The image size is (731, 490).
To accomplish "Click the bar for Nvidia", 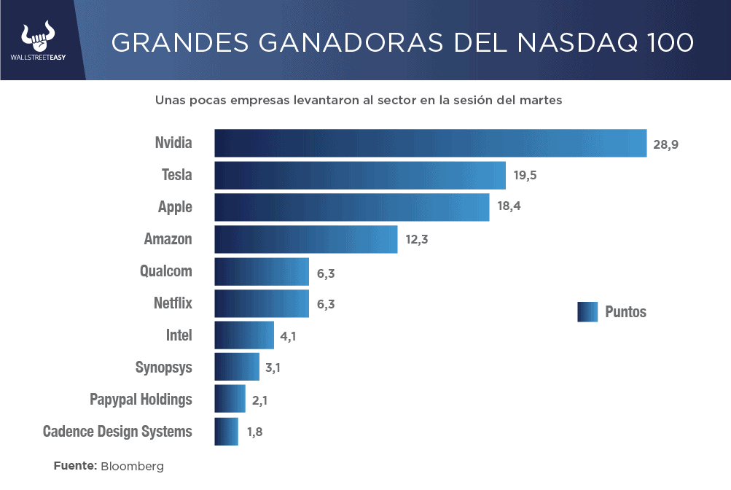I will (x=430, y=143).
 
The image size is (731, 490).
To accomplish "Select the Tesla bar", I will (x=359, y=175).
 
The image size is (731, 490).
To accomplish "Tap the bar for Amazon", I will (x=305, y=239).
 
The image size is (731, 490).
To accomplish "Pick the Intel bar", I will (x=244, y=335).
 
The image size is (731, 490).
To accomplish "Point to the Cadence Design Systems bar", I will (x=226, y=431).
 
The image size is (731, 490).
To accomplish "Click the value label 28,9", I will (x=665, y=144).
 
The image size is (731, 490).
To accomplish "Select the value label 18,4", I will (x=509, y=207).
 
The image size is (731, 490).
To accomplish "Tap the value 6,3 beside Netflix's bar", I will (x=326, y=304).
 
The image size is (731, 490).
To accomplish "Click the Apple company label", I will (x=175, y=207).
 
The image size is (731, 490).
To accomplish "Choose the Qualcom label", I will (x=165, y=271).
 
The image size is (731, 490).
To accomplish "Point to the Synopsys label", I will (x=163, y=367).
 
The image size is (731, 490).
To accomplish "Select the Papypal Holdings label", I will (x=141, y=400).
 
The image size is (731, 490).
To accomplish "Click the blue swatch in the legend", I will (x=587, y=312).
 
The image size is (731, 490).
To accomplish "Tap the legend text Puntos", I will (x=625, y=312).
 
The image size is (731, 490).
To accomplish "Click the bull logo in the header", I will (x=38, y=34).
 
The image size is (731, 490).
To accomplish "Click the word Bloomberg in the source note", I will (x=132, y=466).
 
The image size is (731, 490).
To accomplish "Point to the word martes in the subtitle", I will (x=541, y=101).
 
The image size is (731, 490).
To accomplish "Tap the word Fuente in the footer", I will (x=74, y=466).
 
